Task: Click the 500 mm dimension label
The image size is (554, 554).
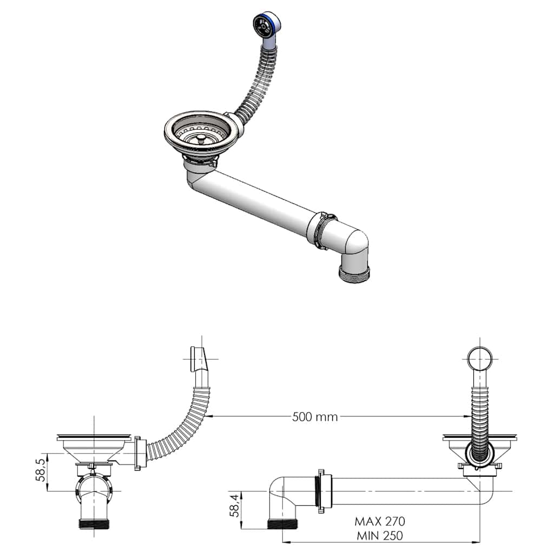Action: click(x=315, y=417)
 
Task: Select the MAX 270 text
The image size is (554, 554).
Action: click(x=380, y=522)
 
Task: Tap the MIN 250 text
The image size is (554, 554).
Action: click(x=380, y=536)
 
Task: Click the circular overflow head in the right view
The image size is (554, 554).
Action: click(x=480, y=358)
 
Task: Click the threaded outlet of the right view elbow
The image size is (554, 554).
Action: click(x=283, y=524)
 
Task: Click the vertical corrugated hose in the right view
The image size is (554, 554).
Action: click(x=480, y=417)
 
